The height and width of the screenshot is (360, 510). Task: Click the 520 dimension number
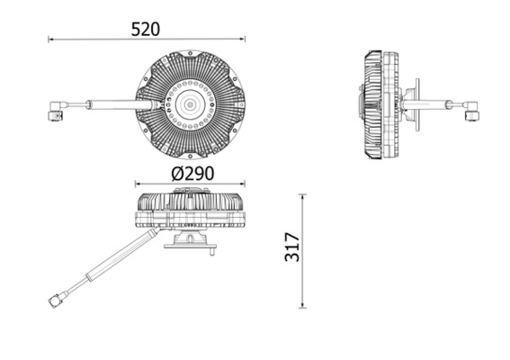(x=145, y=29)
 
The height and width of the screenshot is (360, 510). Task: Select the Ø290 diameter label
(x=190, y=172)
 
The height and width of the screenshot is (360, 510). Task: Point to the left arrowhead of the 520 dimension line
(x=51, y=39)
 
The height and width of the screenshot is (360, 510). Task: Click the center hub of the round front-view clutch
(x=190, y=105)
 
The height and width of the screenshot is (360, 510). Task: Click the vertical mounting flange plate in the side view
(x=415, y=106)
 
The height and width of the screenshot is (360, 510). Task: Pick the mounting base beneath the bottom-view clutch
(x=190, y=241)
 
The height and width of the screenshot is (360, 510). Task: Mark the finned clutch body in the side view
(x=379, y=106)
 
